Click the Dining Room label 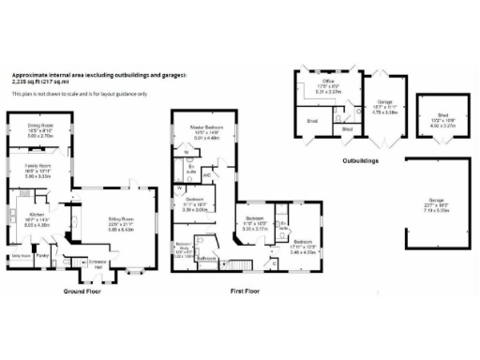click(x=39, y=127)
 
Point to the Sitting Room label click(x=119, y=222)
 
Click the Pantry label click(x=41, y=254)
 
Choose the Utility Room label click(x=21, y=254)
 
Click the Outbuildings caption click(x=360, y=161)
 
